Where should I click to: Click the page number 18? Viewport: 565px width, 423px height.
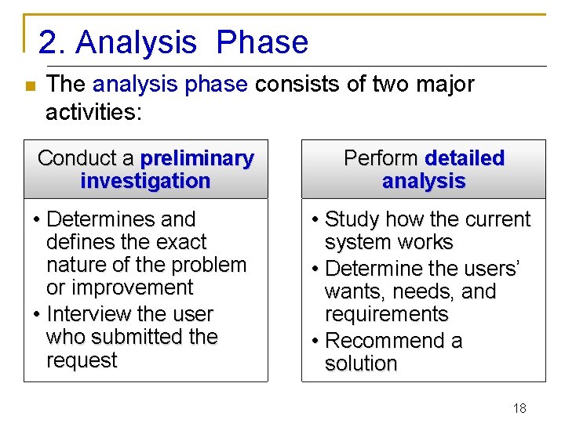click(519, 408)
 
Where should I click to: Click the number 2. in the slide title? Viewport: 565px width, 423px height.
click(52, 43)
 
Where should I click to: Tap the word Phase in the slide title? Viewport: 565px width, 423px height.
click(262, 43)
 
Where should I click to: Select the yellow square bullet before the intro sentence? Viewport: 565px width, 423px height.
click(29, 86)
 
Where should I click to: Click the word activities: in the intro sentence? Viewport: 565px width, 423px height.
click(93, 112)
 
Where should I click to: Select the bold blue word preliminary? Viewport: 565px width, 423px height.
click(197, 158)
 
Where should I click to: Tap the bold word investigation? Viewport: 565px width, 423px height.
click(145, 181)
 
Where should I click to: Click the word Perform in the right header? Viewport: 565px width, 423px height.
click(381, 158)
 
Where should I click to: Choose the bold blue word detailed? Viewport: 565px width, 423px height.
click(464, 158)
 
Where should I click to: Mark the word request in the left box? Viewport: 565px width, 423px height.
click(82, 360)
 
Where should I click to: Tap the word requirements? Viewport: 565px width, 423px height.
click(386, 314)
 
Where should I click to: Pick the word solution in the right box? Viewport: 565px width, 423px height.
click(361, 363)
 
